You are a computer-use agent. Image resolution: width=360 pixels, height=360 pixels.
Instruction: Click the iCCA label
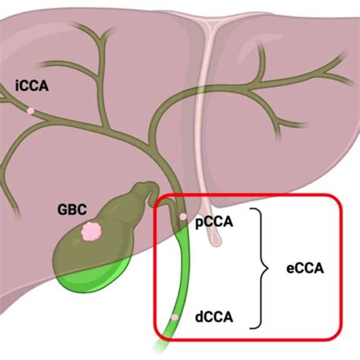pos(31,87)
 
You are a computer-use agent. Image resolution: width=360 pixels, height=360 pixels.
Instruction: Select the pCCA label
pos(213,222)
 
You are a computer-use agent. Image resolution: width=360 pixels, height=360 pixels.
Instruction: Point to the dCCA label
pos(213,314)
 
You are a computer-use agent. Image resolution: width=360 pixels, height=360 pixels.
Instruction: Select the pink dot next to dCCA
pos(175,315)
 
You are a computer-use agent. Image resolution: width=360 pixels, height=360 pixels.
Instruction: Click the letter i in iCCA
pos(17,87)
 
